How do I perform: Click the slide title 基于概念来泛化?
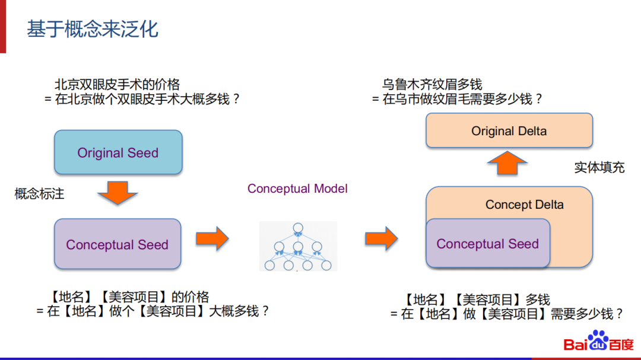coord(93,28)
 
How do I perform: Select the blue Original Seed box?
coord(118,152)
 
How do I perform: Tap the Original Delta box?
coord(509,130)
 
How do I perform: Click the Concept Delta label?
coord(525,205)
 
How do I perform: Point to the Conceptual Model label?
coord(297,189)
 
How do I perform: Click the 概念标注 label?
coord(39,194)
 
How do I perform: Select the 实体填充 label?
coord(599,167)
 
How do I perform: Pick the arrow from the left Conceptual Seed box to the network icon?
coord(212,238)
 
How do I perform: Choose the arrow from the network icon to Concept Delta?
coord(381,238)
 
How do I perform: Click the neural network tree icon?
coord(298,246)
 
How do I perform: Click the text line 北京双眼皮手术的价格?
coord(117,85)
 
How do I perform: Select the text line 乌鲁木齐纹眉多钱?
coord(432,85)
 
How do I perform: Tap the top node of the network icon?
coord(298,227)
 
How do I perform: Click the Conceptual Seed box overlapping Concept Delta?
coord(487,244)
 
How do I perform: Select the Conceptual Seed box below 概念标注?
coord(118,244)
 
